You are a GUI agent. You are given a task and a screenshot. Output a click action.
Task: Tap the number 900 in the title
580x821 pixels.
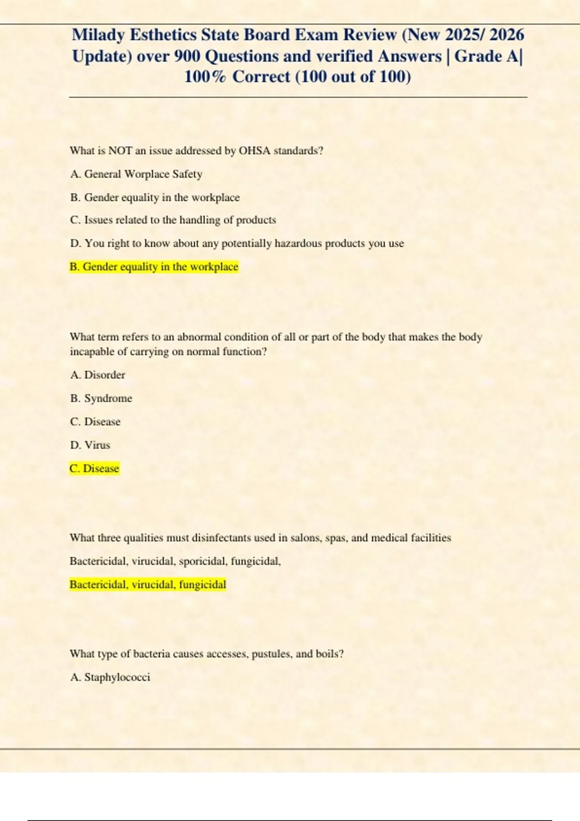[x=187, y=56]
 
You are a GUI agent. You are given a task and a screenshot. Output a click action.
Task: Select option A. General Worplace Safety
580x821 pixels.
[x=136, y=174]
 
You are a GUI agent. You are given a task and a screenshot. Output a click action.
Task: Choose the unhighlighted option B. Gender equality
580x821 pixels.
[x=155, y=198]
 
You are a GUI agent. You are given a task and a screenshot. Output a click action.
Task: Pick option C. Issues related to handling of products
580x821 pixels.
[x=173, y=220]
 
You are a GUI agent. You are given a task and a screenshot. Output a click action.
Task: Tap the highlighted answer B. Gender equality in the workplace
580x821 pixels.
[x=154, y=267]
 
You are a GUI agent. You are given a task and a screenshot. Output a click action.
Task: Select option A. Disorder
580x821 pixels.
[x=98, y=375]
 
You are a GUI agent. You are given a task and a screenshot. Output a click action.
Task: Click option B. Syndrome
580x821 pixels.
[x=101, y=398]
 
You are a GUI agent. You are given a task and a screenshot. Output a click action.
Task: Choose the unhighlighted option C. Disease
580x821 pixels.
[x=95, y=422]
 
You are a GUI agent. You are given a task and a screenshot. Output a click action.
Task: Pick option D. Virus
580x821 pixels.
[x=90, y=445]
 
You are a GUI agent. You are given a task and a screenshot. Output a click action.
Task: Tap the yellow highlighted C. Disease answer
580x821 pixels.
[x=94, y=468]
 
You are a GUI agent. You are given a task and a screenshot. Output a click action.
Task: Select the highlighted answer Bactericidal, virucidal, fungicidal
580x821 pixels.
[x=147, y=585]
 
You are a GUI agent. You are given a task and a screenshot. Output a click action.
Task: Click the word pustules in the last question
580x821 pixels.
[x=271, y=654]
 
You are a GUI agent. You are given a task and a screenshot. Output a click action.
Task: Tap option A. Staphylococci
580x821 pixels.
[x=110, y=677]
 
